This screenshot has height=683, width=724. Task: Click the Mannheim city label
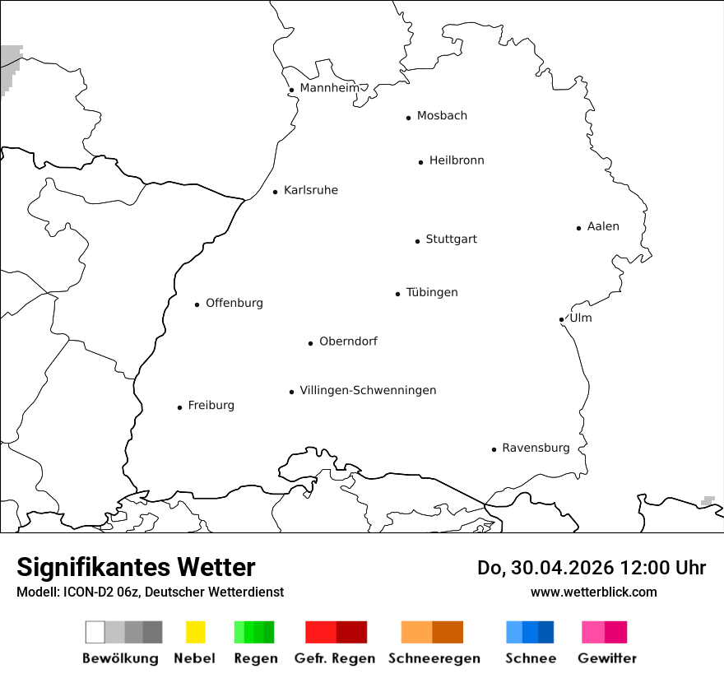click(329, 88)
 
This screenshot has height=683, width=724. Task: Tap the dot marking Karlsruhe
click(276, 192)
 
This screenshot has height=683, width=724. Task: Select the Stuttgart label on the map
click(451, 239)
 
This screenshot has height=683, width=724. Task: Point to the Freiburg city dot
click(179, 407)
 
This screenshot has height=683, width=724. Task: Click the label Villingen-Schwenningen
click(368, 390)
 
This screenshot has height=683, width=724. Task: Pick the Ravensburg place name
click(536, 448)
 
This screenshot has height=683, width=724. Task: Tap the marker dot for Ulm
click(561, 319)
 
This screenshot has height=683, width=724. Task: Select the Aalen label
click(603, 226)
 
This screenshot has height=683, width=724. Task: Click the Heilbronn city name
click(457, 160)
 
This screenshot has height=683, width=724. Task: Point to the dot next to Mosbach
click(408, 118)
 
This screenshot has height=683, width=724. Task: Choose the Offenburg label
click(234, 303)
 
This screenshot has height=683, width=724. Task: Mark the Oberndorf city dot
click(311, 343)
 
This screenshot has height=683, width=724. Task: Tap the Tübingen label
click(432, 292)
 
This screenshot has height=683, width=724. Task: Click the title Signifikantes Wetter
click(136, 567)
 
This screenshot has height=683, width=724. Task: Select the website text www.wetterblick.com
click(593, 592)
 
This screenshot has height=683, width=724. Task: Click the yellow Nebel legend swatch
click(195, 632)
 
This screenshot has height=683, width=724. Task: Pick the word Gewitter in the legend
click(607, 658)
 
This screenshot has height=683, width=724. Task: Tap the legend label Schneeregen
click(434, 658)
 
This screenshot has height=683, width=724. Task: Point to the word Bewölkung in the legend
click(120, 658)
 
